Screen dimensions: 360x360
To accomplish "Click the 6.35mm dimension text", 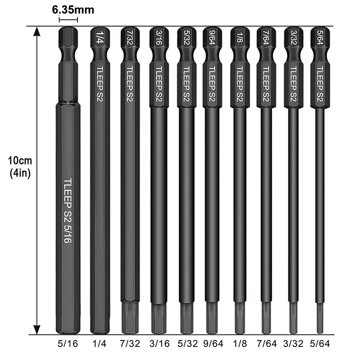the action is tap(73, 10).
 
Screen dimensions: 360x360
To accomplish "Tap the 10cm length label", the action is tap(20, 161).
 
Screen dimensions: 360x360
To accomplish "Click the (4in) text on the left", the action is tap(20, 173).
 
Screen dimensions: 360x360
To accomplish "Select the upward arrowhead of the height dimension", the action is tap(37, 31).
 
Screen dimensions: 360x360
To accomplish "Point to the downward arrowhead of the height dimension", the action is tap(37, 329).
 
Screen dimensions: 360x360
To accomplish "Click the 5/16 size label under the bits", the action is tap(68, 344).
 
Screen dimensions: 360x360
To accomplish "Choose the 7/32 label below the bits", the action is tap(130, 344).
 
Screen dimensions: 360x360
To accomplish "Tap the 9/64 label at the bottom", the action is tap(213, 344).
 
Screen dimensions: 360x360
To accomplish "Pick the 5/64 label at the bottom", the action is tap(320, 344).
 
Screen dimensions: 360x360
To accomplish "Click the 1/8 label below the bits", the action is tap(240, 344).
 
